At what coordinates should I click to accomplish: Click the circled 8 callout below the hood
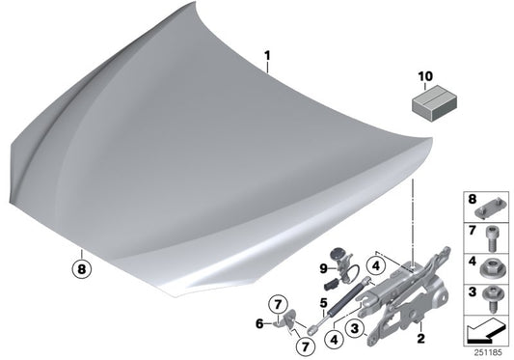click(81, 269)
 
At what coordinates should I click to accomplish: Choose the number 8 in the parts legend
click(472, 201)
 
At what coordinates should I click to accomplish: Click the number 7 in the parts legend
click(472, 231)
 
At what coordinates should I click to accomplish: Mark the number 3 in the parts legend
click(472, 291)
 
